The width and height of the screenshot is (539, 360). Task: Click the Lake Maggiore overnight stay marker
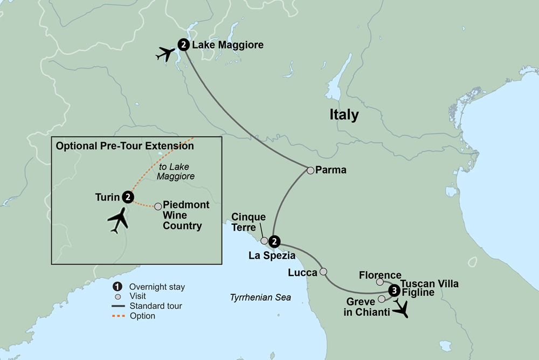pos(184,45)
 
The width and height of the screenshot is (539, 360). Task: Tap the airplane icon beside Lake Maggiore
pos(166,54)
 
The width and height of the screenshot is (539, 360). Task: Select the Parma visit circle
pos(310,170)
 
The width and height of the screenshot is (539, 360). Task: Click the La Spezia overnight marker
pos(274,241)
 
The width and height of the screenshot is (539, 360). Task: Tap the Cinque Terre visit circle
pos(264,241)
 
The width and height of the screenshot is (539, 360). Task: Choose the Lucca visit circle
pos(323,272)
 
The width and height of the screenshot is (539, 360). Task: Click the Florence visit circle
pos(380,281)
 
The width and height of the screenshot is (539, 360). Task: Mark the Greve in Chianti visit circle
pos(382,299)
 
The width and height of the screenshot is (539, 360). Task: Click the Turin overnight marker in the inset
pos(128,197)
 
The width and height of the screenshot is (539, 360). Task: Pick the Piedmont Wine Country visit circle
pos(158,206)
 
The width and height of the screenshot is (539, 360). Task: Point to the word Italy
pos(344,115)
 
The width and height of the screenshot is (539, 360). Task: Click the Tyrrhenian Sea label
pos(260,297)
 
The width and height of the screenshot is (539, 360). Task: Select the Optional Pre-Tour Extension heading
pos(125,146)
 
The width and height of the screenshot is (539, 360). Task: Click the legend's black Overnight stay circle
pos(118,287)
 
